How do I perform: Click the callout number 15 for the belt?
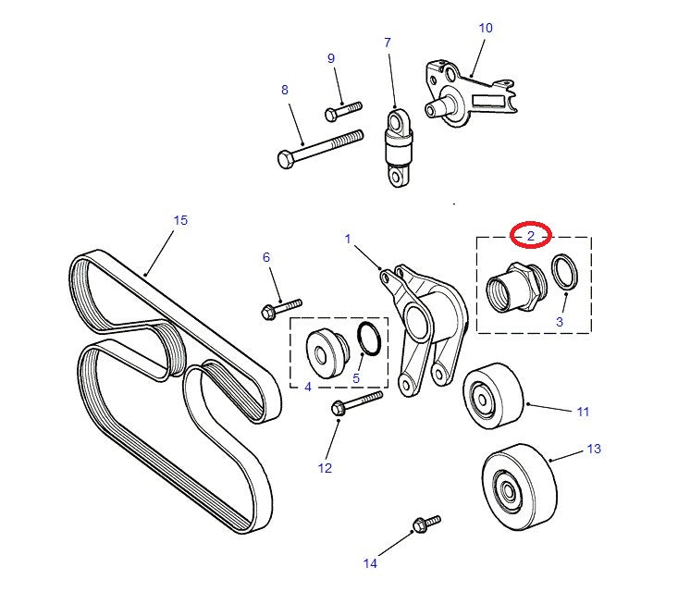tap(180, 220)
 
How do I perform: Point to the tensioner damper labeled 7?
tap(400, 147)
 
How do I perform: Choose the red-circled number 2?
tap(531, 237)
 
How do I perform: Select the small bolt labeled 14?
tap(425, 524)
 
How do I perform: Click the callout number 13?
tap(593, 449)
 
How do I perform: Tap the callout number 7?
tap(388, 43)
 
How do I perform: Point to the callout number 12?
tap(325, 468)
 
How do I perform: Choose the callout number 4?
tap(308, 386)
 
